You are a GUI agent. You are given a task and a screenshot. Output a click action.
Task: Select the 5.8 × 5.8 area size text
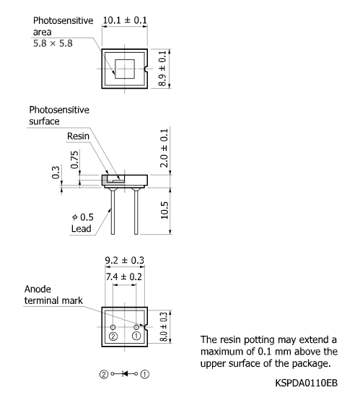click(x=53, y=44)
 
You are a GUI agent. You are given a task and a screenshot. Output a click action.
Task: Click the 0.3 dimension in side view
click(x=57, y=173)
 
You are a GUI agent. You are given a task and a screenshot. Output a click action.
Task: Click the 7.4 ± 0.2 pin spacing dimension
click(x=124, y=276)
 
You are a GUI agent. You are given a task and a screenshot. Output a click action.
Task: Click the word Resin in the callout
click(x=78, y=136)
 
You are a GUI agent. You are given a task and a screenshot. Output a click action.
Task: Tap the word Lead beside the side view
click(x=81, y=229)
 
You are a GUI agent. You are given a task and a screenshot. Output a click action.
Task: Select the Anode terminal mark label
click(x=53, y=295)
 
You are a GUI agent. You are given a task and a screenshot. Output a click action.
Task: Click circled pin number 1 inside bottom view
click(x=136, y=336)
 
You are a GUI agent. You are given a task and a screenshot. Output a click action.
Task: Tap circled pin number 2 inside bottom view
click(x=113, y=336)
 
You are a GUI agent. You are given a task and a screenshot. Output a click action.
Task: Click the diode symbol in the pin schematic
click(x=125, y=374)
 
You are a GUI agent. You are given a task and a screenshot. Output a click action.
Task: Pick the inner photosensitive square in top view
click(x=124, y=69)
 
